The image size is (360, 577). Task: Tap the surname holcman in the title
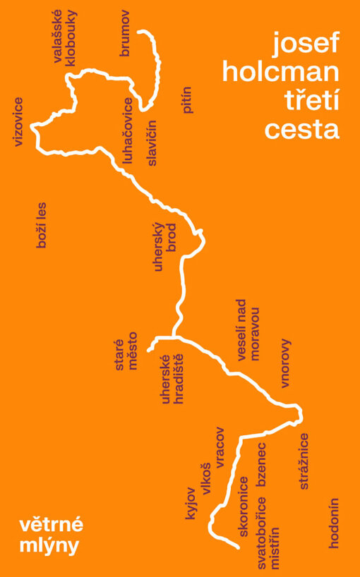(280, 73)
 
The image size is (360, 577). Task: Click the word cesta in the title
(301, 129)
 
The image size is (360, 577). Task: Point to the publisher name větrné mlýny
(51, 534)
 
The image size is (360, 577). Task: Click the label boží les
(41, 226)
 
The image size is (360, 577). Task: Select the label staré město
(126, 356)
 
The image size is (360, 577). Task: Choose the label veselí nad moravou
(248, 334)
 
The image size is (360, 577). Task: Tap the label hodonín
(335, 523)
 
